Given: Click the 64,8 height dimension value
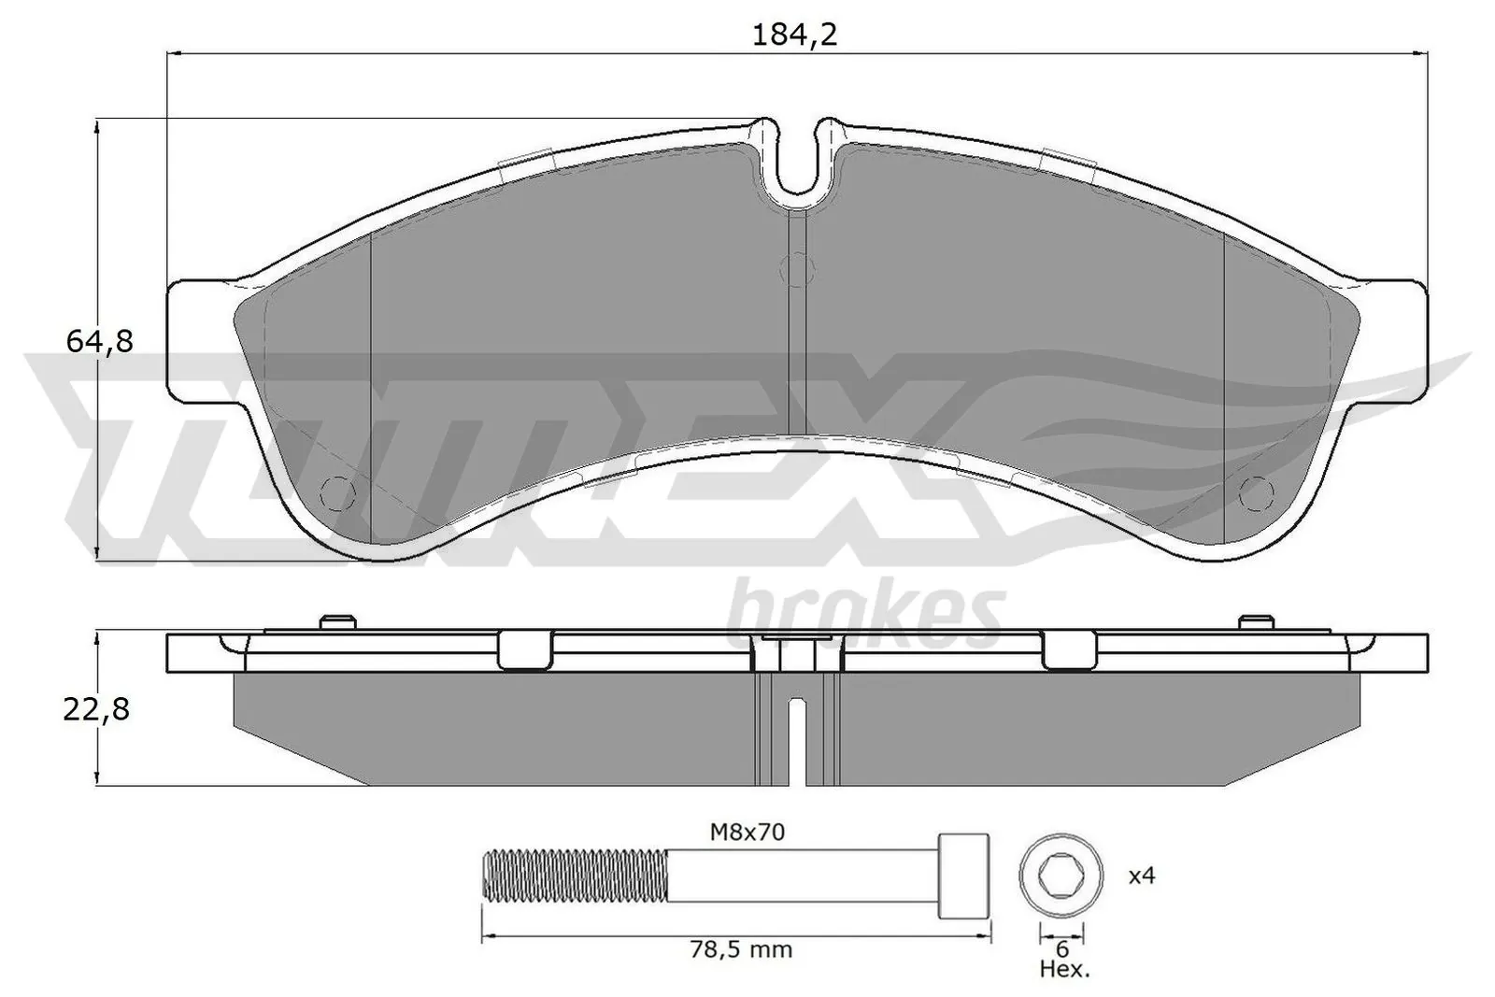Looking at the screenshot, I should pos(99,342).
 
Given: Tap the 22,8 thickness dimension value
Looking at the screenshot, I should pos(95,710).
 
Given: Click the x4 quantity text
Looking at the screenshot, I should pos(1142,876).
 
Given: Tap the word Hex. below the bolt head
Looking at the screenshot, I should pos(1064,970).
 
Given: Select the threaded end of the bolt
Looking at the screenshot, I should pos(575,876).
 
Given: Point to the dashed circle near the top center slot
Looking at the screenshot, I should pos(796,269).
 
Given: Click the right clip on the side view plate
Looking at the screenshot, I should pos(1071,650).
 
